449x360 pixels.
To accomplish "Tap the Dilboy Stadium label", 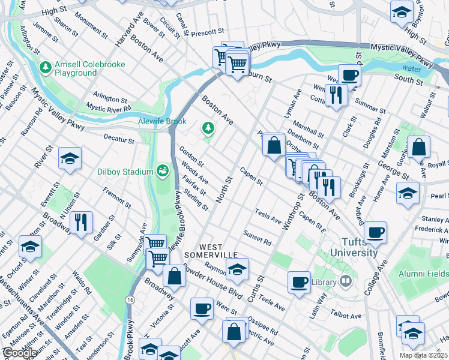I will point(125,172).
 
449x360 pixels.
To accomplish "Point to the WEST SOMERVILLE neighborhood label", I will point(219,251).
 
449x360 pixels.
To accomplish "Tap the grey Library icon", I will point(346,281).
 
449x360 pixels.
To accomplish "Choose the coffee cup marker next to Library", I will point(299,281).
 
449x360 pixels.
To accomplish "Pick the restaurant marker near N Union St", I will point(81,222).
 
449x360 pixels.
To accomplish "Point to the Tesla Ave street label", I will point(268,216).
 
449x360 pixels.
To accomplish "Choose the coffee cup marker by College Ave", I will point(375,232).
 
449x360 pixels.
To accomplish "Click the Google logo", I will point(19,353).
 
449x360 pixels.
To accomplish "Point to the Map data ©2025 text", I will point(423,355).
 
